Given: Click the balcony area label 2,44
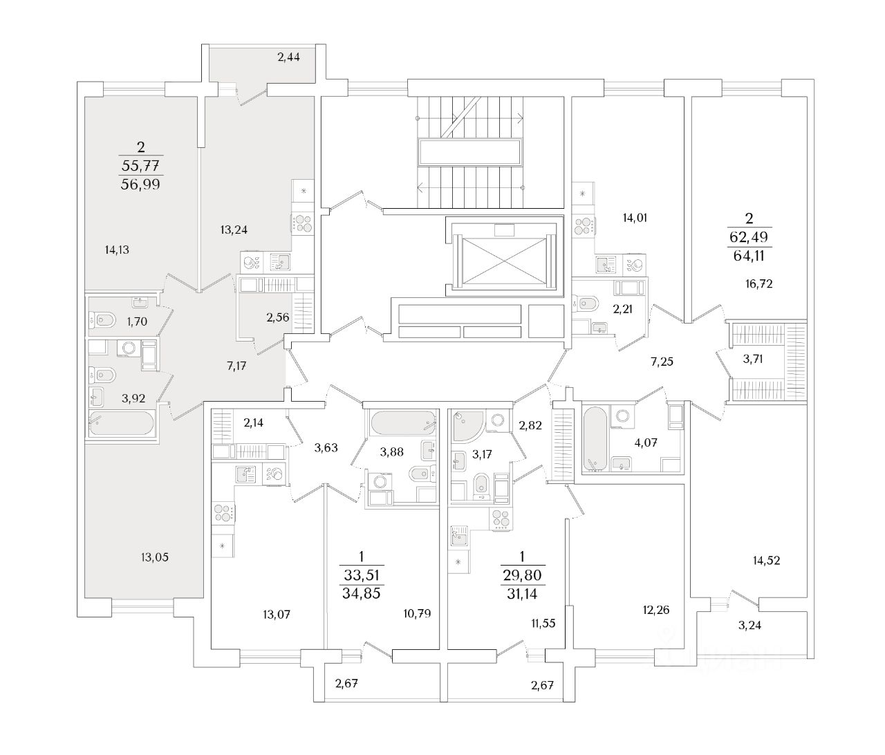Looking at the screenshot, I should [x=288, y=57].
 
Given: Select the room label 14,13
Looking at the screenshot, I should [x=117, y=250].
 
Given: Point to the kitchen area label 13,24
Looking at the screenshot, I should [x=233, y=230].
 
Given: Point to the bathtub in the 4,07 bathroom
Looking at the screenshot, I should [x=594, y=438].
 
